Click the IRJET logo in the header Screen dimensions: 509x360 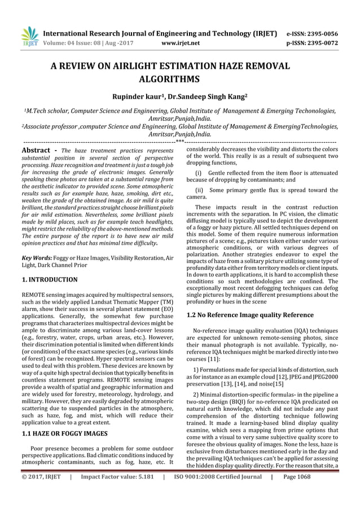coord(28,34)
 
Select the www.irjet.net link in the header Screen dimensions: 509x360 coord(178,42)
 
